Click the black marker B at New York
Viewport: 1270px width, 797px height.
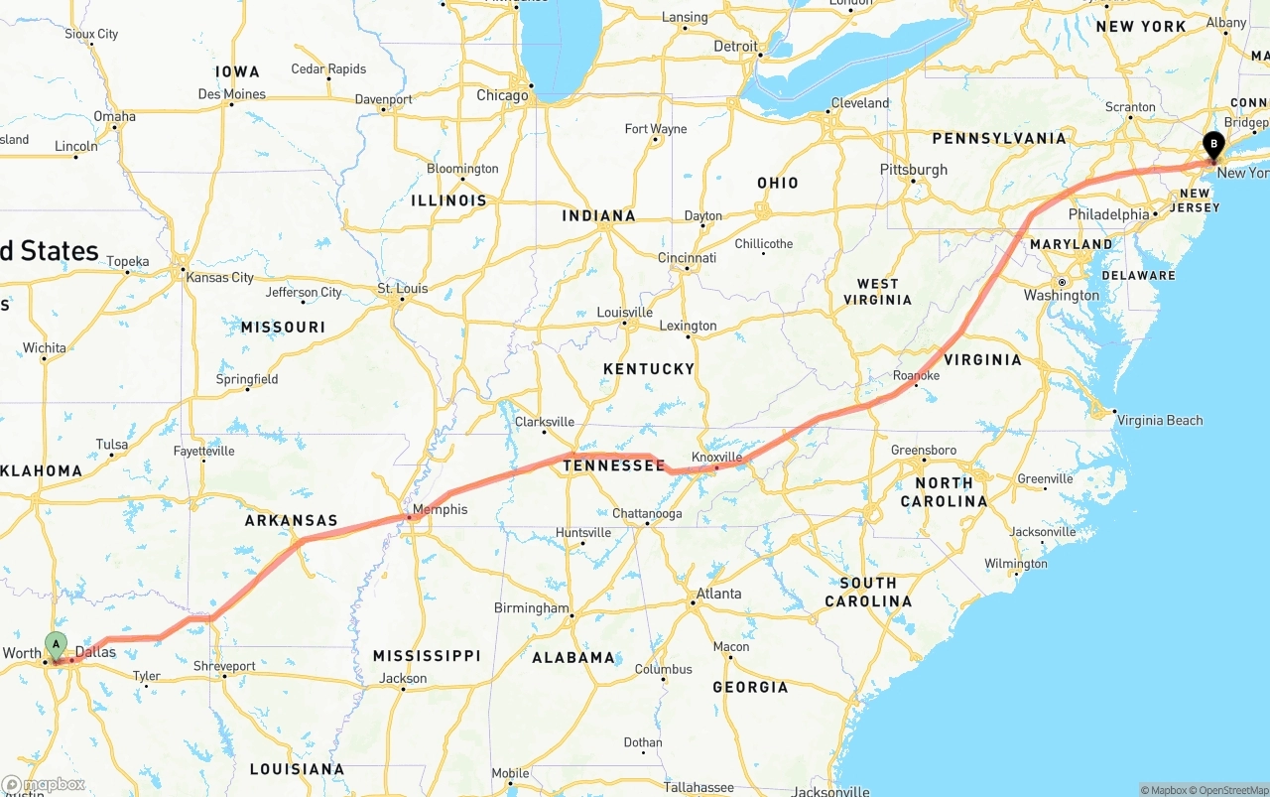[1212, 145]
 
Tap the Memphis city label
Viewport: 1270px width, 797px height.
[440, 510]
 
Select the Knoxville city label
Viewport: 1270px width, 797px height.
[717, 457]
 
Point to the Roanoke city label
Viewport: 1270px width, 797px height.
[916, 376]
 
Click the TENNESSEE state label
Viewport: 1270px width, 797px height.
[614, 465]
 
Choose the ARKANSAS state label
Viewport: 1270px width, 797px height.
[292, 520]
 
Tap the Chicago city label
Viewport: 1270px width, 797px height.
[502, 96]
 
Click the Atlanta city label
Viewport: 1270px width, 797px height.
[718, 594]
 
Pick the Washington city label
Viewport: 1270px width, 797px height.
[1062, 295]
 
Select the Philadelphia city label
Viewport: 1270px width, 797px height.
[1108, 214]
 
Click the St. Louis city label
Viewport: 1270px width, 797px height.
[403, 289]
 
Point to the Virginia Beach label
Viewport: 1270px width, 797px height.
[1160, 420]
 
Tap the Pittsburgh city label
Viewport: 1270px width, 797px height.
[914, 170]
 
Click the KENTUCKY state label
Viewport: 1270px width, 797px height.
[649, 369]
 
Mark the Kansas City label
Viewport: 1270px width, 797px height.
[220, 278]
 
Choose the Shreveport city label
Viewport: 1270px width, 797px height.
[224, 666]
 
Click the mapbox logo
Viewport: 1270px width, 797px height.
[44, 784]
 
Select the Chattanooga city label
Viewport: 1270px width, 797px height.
[647, 514]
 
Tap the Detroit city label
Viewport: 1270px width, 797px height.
[735, 47]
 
